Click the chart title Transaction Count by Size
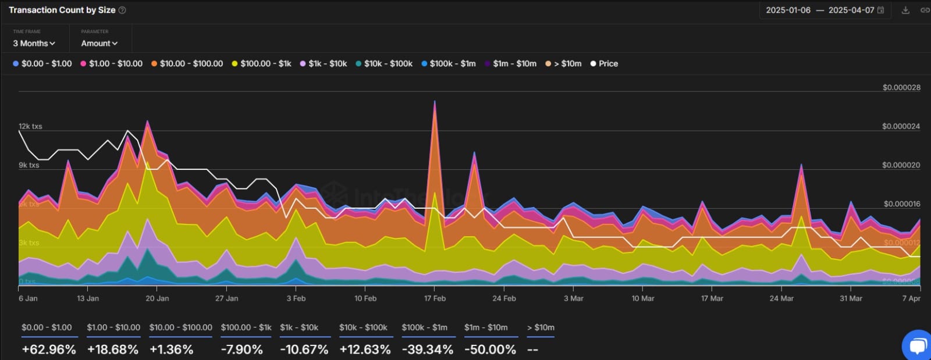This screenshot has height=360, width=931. pyautogui.click(x=62, y=10)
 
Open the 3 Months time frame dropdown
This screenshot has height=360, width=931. pyautogui.click(x=34, y=43)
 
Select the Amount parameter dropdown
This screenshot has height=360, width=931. pyautogui.click(x=99, y=43)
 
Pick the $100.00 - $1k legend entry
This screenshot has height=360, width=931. pyautogui.click(x=261, y=63)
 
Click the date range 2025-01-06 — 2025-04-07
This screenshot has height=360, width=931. pyautogui.click(x=820, y=10)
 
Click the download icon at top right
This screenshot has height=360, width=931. pyautogui.click(x=905, y=10)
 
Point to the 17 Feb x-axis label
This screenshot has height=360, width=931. pyautogui.click(x=435, y=298)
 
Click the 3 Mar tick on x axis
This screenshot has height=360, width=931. pyautogui.click(x=573, y=298)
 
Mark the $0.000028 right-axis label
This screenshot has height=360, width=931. pyautogui.click(x=901, y=87)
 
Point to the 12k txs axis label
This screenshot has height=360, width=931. pyautogui.click(x=30, y=126)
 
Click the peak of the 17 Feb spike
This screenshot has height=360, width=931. pyautogui.click(x=435, y=102)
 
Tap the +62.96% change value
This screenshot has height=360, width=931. pyautogui.click(x=49, y=350)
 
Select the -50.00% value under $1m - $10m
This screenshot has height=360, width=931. pyautogui.click(x=490, y=350)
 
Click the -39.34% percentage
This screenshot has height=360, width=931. pyautogui.click(x=427, y=350)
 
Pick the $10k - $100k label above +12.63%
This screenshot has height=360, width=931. pyautogui.click(x=363, y=327)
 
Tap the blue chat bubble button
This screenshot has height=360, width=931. pyautogui.click(x=917, y=346)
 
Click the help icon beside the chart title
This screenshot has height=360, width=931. pyautogui.click(x=122, y=10)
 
